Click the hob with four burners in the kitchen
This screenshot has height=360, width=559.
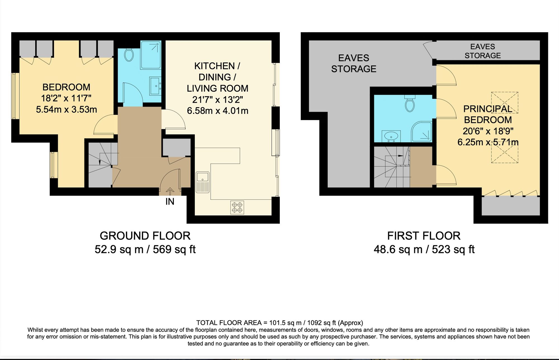[237, 208]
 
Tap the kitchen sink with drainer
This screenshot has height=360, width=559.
[202, 182]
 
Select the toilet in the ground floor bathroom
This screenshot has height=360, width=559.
[129, 55]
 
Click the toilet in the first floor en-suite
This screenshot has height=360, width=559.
[410, 104]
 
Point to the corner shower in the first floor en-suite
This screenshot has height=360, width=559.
[422, 132]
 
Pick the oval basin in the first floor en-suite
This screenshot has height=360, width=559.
[391, 136]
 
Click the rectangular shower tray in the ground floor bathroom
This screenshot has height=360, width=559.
[151, 55]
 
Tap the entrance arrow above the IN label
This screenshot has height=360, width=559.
[170, 192]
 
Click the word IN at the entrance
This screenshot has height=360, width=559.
[170, 202]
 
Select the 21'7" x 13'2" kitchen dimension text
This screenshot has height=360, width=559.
[217, 100]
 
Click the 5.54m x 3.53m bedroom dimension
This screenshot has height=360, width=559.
[67, 109]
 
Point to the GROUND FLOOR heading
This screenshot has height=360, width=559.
[145, 236]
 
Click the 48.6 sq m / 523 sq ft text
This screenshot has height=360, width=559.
[424, 249]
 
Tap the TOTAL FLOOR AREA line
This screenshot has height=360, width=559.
[279, 323]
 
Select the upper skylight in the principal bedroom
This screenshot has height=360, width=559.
[505, 102]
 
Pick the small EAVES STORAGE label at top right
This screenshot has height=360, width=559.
[482, 51]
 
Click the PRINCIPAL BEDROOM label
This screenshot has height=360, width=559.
[488, 114]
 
